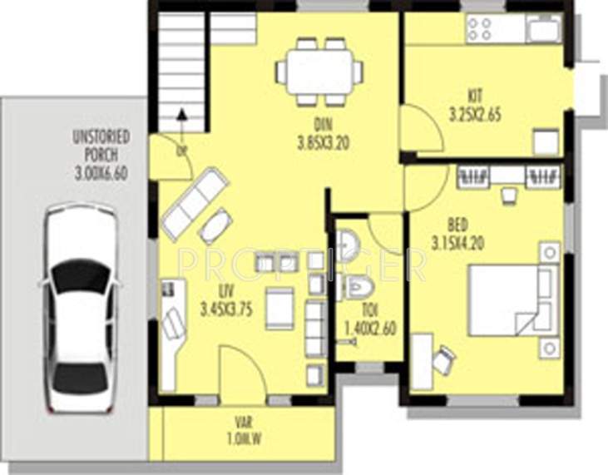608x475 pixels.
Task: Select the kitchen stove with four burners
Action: (479, 29)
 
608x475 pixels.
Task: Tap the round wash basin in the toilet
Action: (349, 245)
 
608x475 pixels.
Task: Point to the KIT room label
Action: (475, 94)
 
